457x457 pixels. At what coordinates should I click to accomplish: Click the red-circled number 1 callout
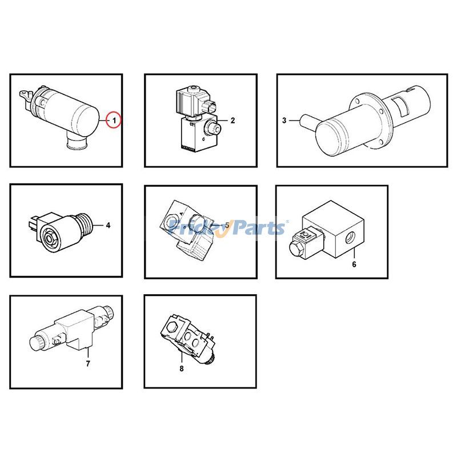click(x=114, y=121)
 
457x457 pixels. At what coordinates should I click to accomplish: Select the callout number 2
click(x=233, y=121)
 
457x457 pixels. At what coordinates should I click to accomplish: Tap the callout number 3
click(x=284, y=121)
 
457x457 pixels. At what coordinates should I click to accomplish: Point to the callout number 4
click(x=107, y=225)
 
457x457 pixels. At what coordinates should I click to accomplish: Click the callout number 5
click(x=226, y=225)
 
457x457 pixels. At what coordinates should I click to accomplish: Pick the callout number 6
click(x=354, y=264)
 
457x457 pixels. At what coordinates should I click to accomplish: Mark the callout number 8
click(x=182, y=369)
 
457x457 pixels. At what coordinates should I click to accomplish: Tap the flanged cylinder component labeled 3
click(x=366, y=120)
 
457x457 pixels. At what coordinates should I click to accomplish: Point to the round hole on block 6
click(x=349, y=235)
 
